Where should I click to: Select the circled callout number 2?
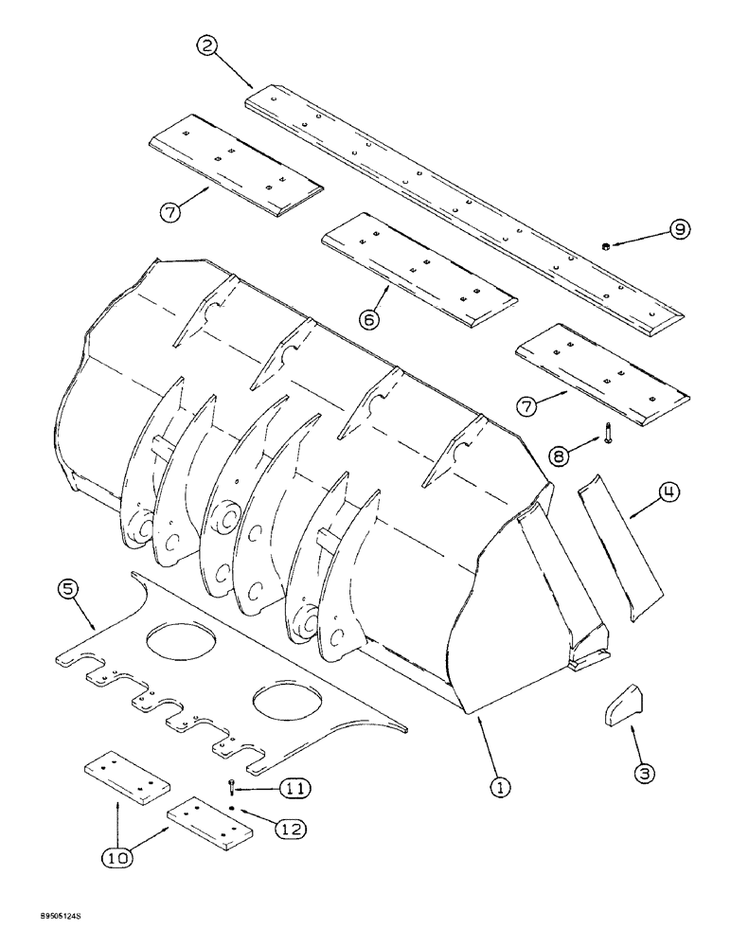click(x=209, y=45)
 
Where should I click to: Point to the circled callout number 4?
click(x=669, y=493)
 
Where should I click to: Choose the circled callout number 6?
click(x=369, y=320)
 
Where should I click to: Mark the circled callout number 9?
click(x=681, y=229)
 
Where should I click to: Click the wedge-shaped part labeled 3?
click(x=615, y=705)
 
